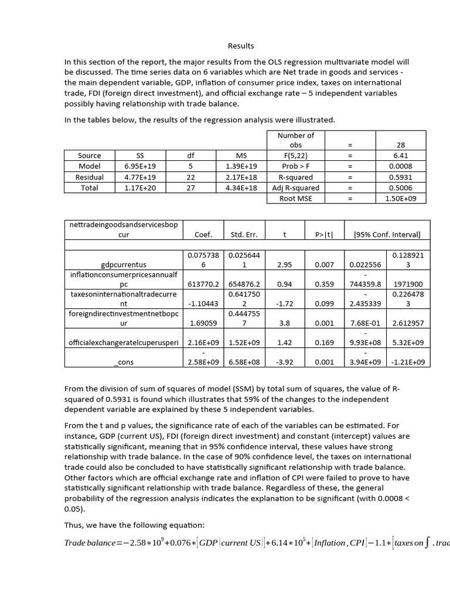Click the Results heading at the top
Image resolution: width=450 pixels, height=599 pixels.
tap(241, 46)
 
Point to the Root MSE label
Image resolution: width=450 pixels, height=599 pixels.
tap(295, 199)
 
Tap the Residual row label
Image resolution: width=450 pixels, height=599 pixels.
tap(90, 177)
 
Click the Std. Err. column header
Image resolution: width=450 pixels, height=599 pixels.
tap(244, 235)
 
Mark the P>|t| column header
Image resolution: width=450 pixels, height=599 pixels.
tap(324, 235)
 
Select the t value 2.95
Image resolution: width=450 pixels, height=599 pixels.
tap(284, 265)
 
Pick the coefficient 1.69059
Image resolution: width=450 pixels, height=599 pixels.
tap(203, 323)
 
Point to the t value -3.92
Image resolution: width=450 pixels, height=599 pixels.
tap(284, 362)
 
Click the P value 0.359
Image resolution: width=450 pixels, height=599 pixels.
tap(324, 284)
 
